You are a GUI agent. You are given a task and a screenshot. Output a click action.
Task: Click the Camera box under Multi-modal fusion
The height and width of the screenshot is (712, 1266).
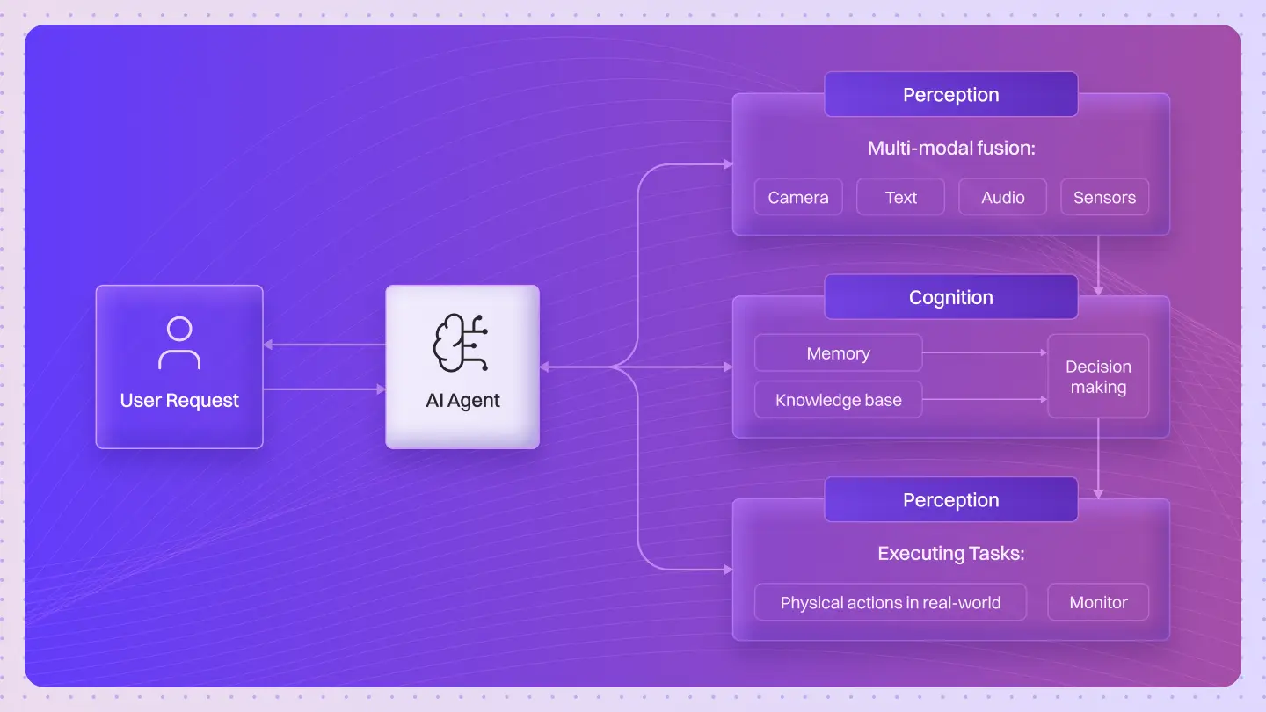(798, 198)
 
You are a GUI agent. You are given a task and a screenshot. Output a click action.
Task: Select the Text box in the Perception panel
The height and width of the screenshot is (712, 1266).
(900, 198)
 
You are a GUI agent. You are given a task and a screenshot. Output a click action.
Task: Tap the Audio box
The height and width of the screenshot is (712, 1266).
(1002, 198)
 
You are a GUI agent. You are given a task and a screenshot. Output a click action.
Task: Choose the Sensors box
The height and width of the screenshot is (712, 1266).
(1104, 198)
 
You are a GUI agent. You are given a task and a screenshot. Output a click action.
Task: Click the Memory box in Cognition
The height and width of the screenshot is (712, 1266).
(838, 353)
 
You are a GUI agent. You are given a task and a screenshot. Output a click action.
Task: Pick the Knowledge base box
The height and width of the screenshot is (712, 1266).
(838, 400)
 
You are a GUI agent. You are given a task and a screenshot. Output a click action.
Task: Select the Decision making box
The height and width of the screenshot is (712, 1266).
(1098, 376)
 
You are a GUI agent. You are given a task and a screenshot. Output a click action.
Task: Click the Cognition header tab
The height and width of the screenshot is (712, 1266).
(950, 297)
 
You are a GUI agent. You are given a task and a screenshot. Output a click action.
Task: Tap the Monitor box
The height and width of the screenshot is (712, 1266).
(1098, 602)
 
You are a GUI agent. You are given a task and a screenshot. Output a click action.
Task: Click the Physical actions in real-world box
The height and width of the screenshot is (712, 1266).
(890, 602)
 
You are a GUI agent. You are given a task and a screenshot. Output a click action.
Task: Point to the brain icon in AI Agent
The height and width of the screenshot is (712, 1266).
(461, 344)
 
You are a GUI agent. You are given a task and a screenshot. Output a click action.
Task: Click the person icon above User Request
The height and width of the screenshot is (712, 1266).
(179, 343)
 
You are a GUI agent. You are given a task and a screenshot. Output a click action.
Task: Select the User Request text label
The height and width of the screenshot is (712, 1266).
(179, 401)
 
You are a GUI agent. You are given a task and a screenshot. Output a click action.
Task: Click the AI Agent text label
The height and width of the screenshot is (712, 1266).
(462, 401)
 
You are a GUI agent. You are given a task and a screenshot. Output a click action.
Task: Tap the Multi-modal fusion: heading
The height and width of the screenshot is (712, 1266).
(950, 148)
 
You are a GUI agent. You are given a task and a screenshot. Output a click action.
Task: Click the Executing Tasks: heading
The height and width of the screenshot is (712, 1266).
(950, 554)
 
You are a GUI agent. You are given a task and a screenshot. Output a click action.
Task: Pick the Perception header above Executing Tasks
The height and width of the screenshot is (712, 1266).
(950, 499)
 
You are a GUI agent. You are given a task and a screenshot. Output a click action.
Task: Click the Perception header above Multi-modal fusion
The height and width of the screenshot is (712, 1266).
(950, 95)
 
